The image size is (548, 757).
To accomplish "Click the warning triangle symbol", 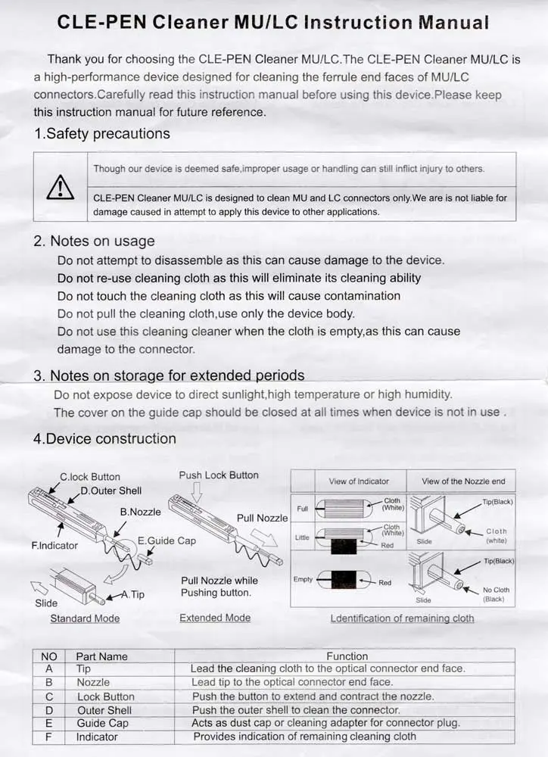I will [x=61, y=186].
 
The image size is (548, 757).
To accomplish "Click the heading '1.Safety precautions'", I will [x=102, y=134].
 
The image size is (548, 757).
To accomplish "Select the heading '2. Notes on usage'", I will [x=94, y=241].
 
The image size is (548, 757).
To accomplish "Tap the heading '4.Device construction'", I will [x=104, y=439].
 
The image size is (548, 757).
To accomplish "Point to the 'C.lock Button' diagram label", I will [x=90, y=477].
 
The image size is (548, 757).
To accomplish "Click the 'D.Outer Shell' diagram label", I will [x=111, y=491].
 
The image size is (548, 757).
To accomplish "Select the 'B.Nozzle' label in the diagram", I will [x=141, y=512].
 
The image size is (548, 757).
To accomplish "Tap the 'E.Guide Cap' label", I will [x=167, y=540].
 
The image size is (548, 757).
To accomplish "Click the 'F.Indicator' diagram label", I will [x=54, y=545].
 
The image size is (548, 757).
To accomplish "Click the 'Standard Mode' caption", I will [x=85, y=618].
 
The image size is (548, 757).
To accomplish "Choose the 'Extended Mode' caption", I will [x=215, y=618].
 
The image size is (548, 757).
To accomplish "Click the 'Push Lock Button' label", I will [x=219, y=475].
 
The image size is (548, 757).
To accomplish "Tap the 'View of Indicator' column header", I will [x=359, y=481].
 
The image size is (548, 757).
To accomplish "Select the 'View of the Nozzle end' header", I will [x=463, y=481].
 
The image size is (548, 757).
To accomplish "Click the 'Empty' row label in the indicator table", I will [x=303, y=579].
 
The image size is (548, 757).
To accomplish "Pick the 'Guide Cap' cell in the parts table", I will [x=103, y=723].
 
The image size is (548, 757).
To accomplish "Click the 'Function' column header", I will [x=347, y=656].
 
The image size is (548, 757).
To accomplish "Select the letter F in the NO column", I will [x=49, y=737].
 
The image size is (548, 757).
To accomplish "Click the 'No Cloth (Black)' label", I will [x=496, y=594].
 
